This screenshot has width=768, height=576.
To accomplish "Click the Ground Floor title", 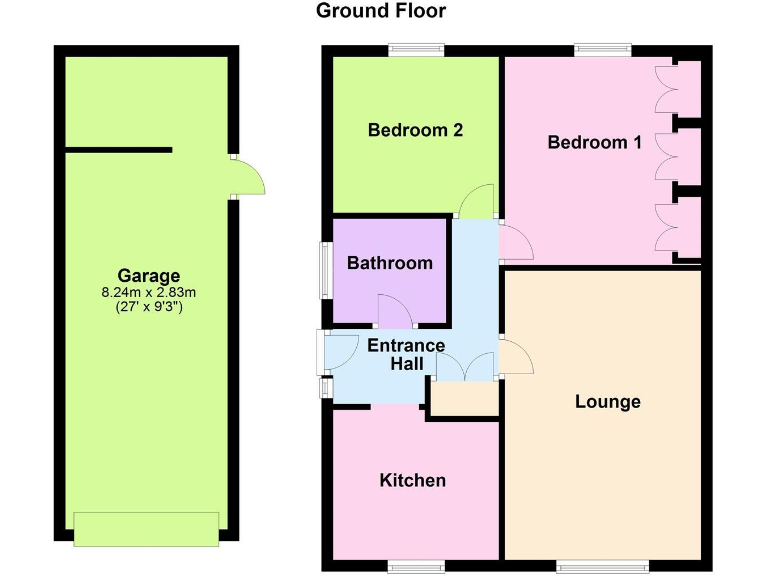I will [381, 12].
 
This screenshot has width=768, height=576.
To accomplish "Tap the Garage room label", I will [149, 276].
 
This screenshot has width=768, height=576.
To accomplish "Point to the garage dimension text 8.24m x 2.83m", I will [149, 293].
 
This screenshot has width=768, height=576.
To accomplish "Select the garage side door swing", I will [247, 178].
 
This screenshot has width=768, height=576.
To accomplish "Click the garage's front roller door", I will [147, 529].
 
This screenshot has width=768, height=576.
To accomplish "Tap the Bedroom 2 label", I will [415, 130].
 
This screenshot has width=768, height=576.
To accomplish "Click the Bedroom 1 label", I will [594, 142].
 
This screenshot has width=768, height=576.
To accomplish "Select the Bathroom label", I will [390, 263].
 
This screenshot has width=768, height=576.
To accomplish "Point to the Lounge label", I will [608, 402].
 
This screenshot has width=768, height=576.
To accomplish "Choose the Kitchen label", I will [412, 481].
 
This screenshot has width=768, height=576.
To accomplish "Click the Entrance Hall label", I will [406, 356].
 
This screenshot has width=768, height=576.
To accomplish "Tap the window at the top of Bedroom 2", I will [417, 50].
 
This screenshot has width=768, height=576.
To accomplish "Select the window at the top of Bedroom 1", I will [603, 50].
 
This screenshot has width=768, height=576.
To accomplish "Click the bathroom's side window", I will [325, 268].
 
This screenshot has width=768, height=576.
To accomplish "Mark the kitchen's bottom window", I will [416, 566].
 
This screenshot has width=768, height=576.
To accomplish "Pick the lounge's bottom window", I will [602, 566].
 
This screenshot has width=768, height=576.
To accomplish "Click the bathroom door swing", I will [396, 311].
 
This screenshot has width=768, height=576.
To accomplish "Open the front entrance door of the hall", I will [337, 350].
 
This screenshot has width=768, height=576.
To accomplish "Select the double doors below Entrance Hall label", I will [465, 367].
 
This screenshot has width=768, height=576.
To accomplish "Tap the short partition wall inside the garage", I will [118, 151].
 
